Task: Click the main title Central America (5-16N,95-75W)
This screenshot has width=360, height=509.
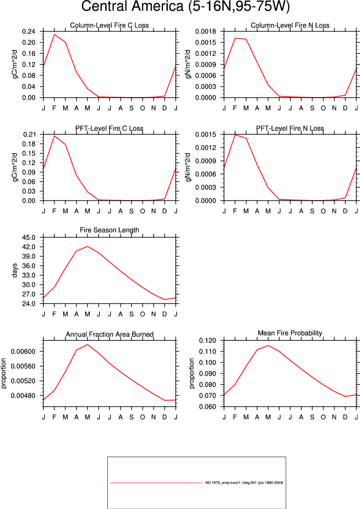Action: pos(185,6)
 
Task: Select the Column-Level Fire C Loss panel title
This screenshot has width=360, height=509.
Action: pos(109,25)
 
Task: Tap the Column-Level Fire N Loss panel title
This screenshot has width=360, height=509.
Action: pos(290,25)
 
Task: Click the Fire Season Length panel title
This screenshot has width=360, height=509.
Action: pos(109,230)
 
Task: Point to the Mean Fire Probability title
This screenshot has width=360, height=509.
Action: pos(290,333)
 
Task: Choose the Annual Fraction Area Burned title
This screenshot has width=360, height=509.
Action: pos(110,334)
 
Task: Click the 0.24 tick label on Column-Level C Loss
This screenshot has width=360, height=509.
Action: pos(29,31)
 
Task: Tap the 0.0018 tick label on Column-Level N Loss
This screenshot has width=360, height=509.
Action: pos(205,31)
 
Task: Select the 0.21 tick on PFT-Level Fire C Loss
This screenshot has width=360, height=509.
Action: pos(29,134)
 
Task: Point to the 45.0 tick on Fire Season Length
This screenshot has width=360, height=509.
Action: pos(29,238)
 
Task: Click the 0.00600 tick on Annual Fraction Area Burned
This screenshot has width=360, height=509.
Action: pos(23,351)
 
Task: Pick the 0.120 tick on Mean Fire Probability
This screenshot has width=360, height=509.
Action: pos(208,341)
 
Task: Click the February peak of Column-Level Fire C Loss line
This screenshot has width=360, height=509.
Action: pos(55,34)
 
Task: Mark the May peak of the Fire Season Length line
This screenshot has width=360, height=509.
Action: pos(88,246)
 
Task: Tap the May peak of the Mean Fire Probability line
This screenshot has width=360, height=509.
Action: pos(268,346)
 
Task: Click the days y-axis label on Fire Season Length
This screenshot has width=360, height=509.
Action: pos(15,271)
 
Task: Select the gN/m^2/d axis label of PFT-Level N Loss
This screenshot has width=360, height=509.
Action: pos(188,168)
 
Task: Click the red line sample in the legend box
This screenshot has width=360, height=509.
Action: pos(156,483)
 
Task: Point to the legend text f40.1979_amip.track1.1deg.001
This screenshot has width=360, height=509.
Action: pos(231,482)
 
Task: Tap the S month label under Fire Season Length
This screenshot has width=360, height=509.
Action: pos(132,314)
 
